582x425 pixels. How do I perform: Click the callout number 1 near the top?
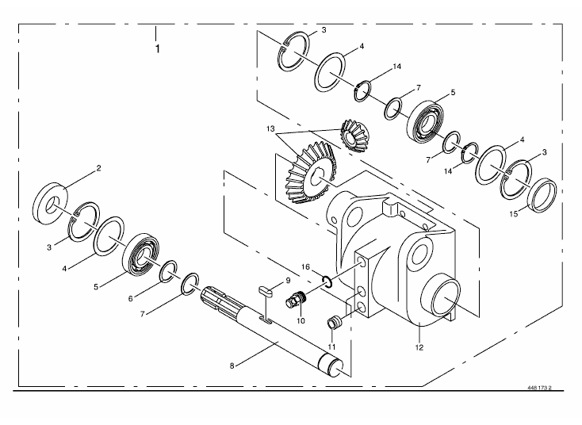[x=158, y=48]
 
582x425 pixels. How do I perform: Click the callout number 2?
[x=98, y=168]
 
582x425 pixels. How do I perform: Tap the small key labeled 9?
[x=266, y=290]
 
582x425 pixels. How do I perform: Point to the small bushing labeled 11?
[x=335, y=321]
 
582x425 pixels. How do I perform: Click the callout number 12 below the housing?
[x=419, y=347]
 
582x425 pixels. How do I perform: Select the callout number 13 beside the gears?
[x=270, y=128]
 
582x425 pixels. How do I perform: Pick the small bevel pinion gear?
[x=354, y=136]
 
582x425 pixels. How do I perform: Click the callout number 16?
[x=305, y=267]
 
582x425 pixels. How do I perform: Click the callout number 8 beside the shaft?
[x=232, y=366]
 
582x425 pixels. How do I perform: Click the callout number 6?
[x=130, y=298]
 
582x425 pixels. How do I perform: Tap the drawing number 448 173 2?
[x=540, y=388]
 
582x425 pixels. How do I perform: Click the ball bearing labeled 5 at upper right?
[x=427, y=121]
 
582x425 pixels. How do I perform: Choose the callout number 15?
[x=513, y=214]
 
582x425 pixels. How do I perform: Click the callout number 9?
[x=288, y=281]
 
